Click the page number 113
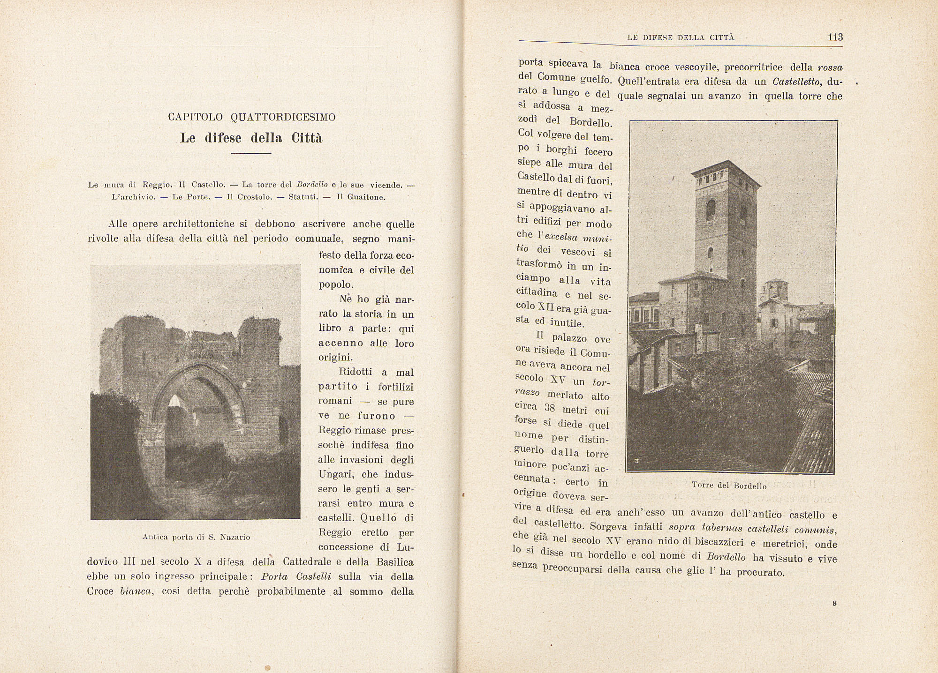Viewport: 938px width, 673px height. [x=835, y=37]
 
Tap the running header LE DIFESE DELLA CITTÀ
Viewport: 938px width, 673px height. [x=681, y=37]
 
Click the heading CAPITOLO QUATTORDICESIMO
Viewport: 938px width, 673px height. [x=252, y=117]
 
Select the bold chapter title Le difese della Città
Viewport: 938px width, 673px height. [x=251, y=138]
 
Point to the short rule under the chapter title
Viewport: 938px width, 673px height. [x=251, y=153]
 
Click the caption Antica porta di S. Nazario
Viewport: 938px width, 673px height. [x=196, y=537]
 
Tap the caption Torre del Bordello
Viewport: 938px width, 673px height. [x=729, y=486]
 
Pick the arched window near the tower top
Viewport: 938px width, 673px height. [x=711, y=209]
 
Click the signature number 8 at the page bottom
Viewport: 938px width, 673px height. [x=834, y=604]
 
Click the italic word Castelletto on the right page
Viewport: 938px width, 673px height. [x=796, y=82]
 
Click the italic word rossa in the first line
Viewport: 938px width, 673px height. [x=830, y=67]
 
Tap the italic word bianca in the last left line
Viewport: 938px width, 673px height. [x=136, y=591]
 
